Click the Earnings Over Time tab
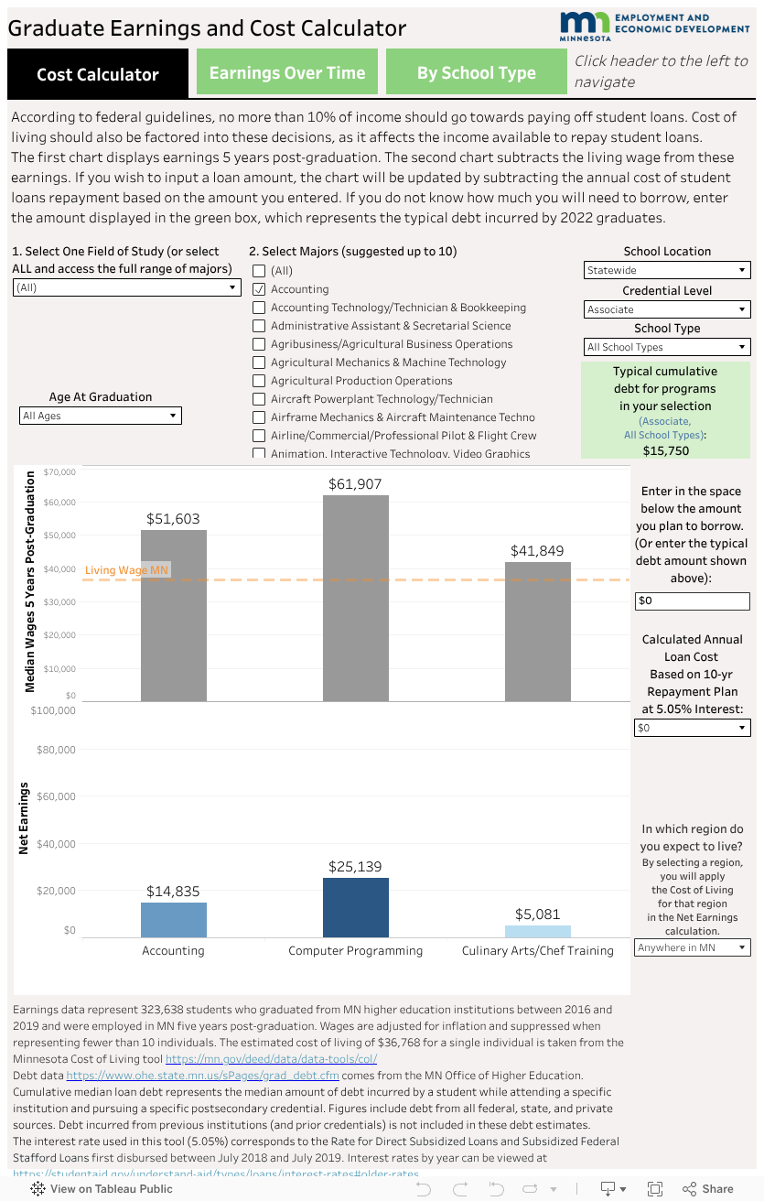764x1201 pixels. [286, 73]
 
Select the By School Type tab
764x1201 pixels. [476, 73]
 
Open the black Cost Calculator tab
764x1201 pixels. [97, 74]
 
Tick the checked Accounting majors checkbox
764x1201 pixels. [260, 289]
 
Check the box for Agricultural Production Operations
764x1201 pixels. [260, 381]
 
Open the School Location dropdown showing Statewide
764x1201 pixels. [667, 270]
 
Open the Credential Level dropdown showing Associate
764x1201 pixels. [667, 309]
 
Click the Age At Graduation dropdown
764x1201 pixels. [101, 416]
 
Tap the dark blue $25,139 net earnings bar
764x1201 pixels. [355, 907]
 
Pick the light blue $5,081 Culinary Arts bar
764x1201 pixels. [537, 931]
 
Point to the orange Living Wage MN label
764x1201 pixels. [126, 570]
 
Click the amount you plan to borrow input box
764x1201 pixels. [692, 601]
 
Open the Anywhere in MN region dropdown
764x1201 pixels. [692, 947]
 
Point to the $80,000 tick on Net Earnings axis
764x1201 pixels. [56, 750]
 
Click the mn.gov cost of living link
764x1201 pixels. [271, 1059]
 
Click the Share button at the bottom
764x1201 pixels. [708, 1188]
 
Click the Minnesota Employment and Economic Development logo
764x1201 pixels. [653, 26]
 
